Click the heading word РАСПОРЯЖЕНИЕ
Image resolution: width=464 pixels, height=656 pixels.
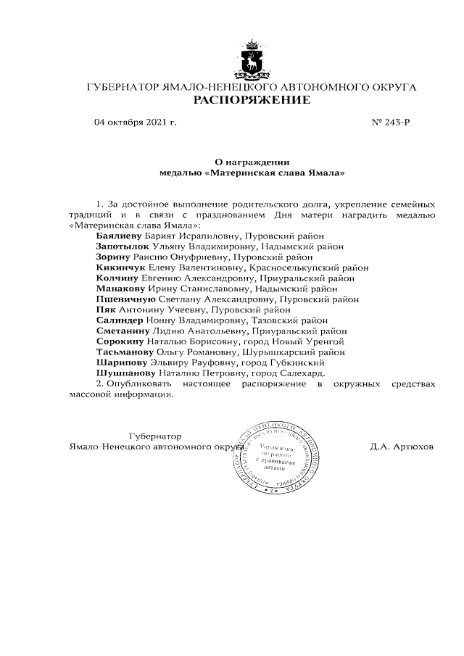(x=251, y=100)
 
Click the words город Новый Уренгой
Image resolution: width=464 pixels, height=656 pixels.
(x=303, y=341)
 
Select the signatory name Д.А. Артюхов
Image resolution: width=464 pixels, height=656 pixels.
(x=401, y=447)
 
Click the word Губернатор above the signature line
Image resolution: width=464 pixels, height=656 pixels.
(x=154, y=436)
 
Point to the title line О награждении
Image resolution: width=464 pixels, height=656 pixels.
(x=250, y=163)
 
